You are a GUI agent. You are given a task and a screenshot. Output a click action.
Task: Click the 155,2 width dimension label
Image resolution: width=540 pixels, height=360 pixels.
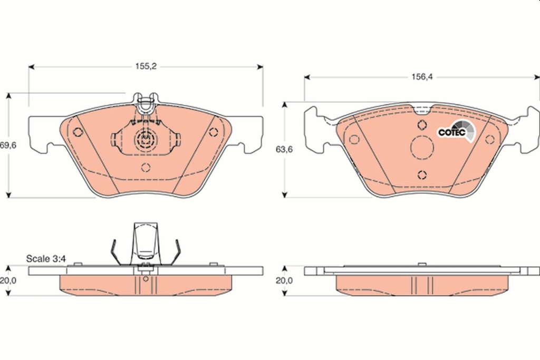pos(146,66)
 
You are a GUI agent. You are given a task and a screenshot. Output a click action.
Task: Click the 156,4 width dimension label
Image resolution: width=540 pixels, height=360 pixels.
pos(422,77)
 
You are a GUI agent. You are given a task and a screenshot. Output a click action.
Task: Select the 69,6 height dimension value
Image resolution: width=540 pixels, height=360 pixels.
pos(8,145)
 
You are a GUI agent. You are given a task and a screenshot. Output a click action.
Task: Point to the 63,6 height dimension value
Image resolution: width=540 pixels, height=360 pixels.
pos(284,149)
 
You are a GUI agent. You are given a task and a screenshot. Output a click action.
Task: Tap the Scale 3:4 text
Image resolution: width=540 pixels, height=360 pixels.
pos(46,258)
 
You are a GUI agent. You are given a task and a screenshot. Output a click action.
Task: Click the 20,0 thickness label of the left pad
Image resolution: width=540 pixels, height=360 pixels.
pos(8,280)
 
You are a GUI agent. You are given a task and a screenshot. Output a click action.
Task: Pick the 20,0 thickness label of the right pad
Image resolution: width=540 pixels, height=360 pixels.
pos(284,280)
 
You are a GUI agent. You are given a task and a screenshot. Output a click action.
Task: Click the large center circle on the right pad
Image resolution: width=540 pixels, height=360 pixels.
pos(422,147)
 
